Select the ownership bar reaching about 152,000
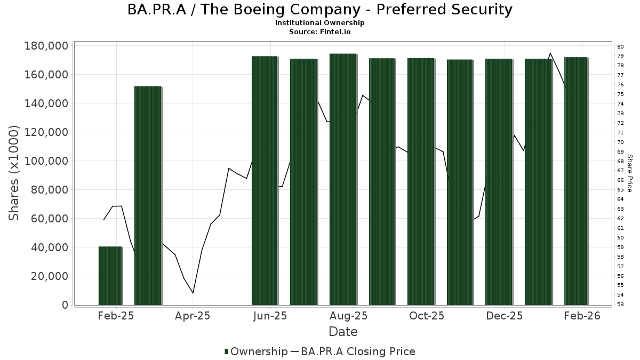click(x=148, y=195)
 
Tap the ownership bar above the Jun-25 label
click(x=265, y=180)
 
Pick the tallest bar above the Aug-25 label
click(x=343, y=179)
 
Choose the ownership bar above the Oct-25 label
click(x=421, y=181)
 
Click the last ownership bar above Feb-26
click(x=576, y=181)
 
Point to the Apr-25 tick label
click(x=193, y=316)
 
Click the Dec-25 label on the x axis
click(x=504, y=316)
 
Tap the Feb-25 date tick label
click(x=116, y=316)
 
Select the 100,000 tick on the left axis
click(x=46, y=161)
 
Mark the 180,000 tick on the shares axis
click(x=46, y=46)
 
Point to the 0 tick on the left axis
click(x=65, y=305)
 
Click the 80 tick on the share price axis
click(x=620, y=46)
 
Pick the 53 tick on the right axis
click(x=620, y=305)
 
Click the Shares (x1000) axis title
click(x=14, y=173)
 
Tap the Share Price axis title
click(x=630, y=173)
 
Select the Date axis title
click(x=343, y=332)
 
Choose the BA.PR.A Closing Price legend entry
click(x=357, y=351)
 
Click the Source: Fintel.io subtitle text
click(x=320, y=31)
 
